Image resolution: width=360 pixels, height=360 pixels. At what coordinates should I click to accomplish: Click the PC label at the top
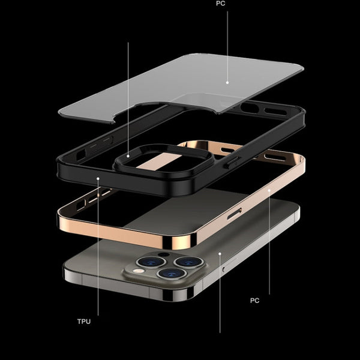(221, 4)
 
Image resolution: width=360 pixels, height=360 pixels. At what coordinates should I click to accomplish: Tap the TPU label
(84, 322)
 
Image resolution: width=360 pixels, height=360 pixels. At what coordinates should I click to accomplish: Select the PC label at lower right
(254, 300)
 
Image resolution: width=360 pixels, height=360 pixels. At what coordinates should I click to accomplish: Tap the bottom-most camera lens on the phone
(167, 274)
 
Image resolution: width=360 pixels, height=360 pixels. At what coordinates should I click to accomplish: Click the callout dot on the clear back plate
(227, 82)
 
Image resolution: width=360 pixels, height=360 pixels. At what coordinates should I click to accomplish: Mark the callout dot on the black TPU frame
(98, 178)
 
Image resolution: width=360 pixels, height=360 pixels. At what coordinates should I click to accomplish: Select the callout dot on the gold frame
(269, 190)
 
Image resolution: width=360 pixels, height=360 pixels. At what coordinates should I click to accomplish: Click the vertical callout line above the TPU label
(98, 252)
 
